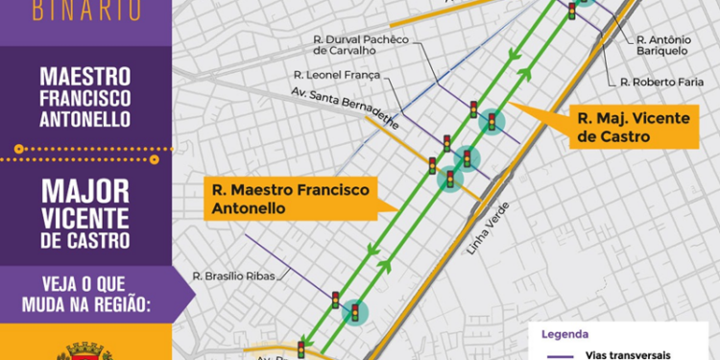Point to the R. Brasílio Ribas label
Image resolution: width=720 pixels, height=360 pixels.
click(x=233, y=276)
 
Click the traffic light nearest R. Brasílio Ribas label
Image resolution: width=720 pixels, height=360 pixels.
click(x=335, y=300)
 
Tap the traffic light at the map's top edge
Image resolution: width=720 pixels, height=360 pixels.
click(x=572, y=11)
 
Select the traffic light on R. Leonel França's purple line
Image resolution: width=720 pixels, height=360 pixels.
click(x=473, y=108)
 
